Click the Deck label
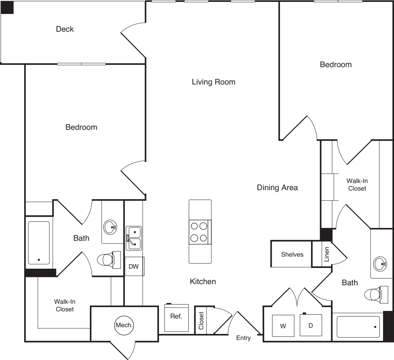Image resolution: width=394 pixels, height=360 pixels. pos(65,29)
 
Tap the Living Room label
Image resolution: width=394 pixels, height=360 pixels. pos(214,82)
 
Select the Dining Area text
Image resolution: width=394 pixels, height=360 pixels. pos(277,188)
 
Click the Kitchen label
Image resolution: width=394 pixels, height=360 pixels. pos(203,282)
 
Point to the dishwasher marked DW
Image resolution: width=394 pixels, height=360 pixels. pos(134,266)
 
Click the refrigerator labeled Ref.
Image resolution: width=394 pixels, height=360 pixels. pos(176,317)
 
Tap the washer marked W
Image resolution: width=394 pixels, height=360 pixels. pos(283,326)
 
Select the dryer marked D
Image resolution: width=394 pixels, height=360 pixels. pos(311,325)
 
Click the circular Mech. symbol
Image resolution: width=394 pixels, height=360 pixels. pos(124,325)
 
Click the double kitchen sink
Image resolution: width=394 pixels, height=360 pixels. pos(134,238)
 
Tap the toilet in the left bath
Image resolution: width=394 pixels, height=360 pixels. pos(109,260)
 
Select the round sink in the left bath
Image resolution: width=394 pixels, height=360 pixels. pos(110,227)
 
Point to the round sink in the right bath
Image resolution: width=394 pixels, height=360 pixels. pos(380,264)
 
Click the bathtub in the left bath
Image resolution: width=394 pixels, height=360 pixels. pos(39,243)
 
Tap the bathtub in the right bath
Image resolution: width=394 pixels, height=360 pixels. pos(358,327)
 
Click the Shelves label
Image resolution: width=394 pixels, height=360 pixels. pos(292,254)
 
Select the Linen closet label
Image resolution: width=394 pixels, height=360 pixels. pos(327,254)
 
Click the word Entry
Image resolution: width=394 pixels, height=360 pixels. pos(243,338)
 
